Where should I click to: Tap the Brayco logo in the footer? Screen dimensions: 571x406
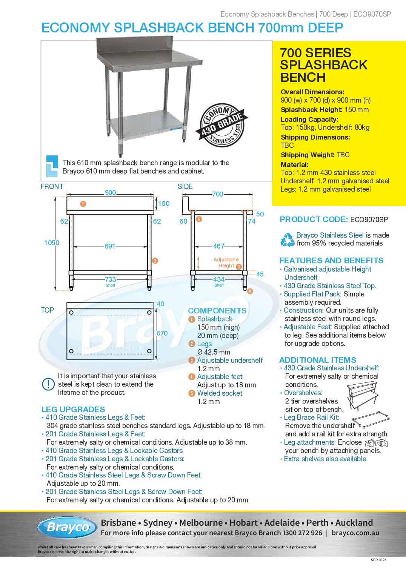[67, 527]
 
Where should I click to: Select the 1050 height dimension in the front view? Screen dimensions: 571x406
[51, 243]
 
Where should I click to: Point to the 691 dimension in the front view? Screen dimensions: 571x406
[110, 246]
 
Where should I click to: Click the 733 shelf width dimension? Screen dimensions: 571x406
[110, 279]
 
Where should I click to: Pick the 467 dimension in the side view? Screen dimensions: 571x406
[218, 246]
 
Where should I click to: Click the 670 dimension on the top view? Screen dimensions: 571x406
[162, 333]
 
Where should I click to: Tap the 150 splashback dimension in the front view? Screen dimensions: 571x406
[164, 204]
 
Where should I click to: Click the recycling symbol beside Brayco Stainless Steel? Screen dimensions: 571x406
[288, 239]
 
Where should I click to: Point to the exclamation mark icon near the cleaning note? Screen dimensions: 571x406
[48, 384]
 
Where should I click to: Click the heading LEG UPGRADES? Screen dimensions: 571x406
[73, 410]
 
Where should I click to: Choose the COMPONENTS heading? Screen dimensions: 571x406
[217, 311]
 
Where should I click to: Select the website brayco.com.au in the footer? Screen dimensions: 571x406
[355, 533]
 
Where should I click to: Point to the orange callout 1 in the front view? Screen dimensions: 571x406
[83, 204]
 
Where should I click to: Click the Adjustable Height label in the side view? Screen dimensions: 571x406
[226, 262]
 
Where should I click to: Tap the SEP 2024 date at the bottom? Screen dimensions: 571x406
[378, 560]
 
